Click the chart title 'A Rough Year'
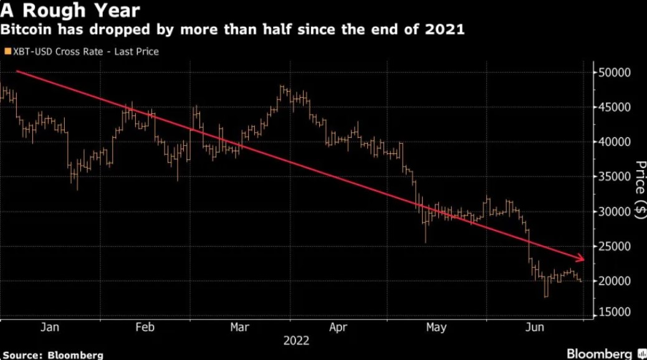tap(70, 11)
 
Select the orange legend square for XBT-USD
tap(7, 52)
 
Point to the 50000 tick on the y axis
tap(615, 73)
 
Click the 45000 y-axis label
tap(615, 107)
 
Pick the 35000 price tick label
tap(615, 177)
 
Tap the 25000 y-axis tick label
tap(615, 247)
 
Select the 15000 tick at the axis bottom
tap(615, 311)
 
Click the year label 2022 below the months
tap(296, 341)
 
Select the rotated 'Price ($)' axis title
tap(640, 189)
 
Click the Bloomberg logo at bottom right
tap(602, 353)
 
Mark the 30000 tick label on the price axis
tap(615, 212)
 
